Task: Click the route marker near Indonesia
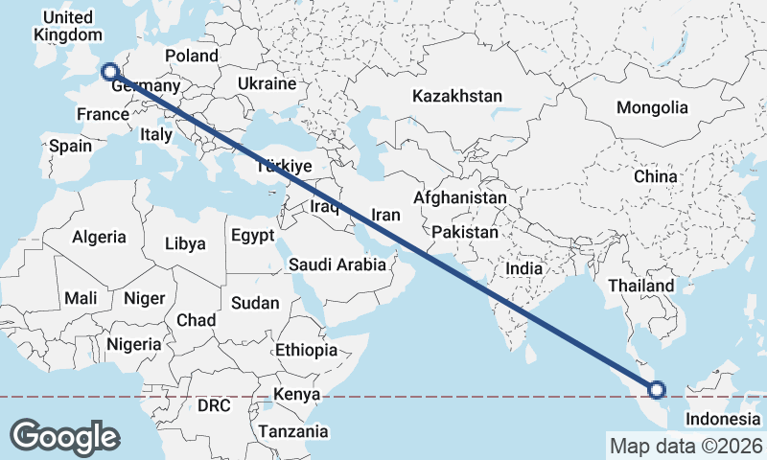657,389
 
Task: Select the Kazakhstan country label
457,97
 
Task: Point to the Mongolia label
652,107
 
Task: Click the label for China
655,177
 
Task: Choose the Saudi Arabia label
337,264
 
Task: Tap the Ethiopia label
306,350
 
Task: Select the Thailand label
640,286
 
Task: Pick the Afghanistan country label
459,197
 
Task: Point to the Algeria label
100,237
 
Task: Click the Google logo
64,436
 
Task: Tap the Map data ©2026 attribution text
686,446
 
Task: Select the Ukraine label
267,83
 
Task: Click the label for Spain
70,147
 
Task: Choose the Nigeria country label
133,343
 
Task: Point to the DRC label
214,405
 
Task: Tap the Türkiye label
285,167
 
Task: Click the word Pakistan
465,232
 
